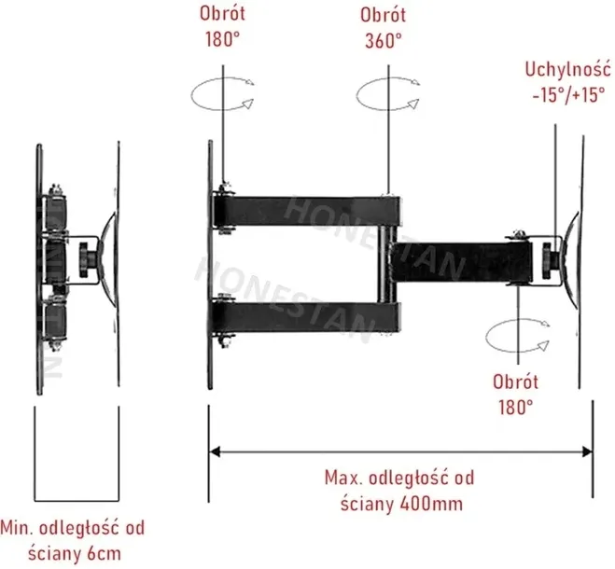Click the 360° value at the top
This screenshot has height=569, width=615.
(383, 40)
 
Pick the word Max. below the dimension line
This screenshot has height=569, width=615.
(342, 479)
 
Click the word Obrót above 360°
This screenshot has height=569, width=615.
(383, 16)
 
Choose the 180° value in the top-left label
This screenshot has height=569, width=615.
(222, 40)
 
